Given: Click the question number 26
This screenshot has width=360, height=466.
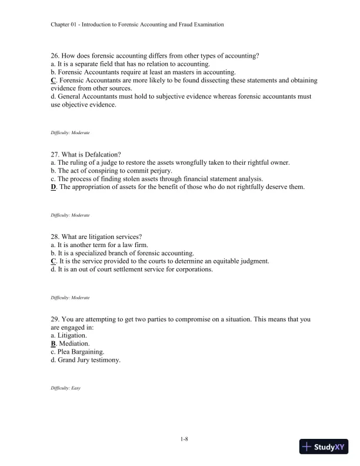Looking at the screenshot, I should [55, 56].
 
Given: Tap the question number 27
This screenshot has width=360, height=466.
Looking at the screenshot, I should [55, 154].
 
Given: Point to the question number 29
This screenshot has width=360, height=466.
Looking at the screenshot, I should [55, 319].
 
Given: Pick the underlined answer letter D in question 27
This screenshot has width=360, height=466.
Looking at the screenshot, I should [54, 187].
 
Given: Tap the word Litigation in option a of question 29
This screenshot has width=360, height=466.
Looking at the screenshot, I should [73, 335].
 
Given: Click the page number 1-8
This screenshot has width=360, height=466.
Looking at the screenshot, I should [180, 439].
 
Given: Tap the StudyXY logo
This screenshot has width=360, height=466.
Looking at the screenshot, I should [325, 448].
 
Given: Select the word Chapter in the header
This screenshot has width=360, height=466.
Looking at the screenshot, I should [61, 25].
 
